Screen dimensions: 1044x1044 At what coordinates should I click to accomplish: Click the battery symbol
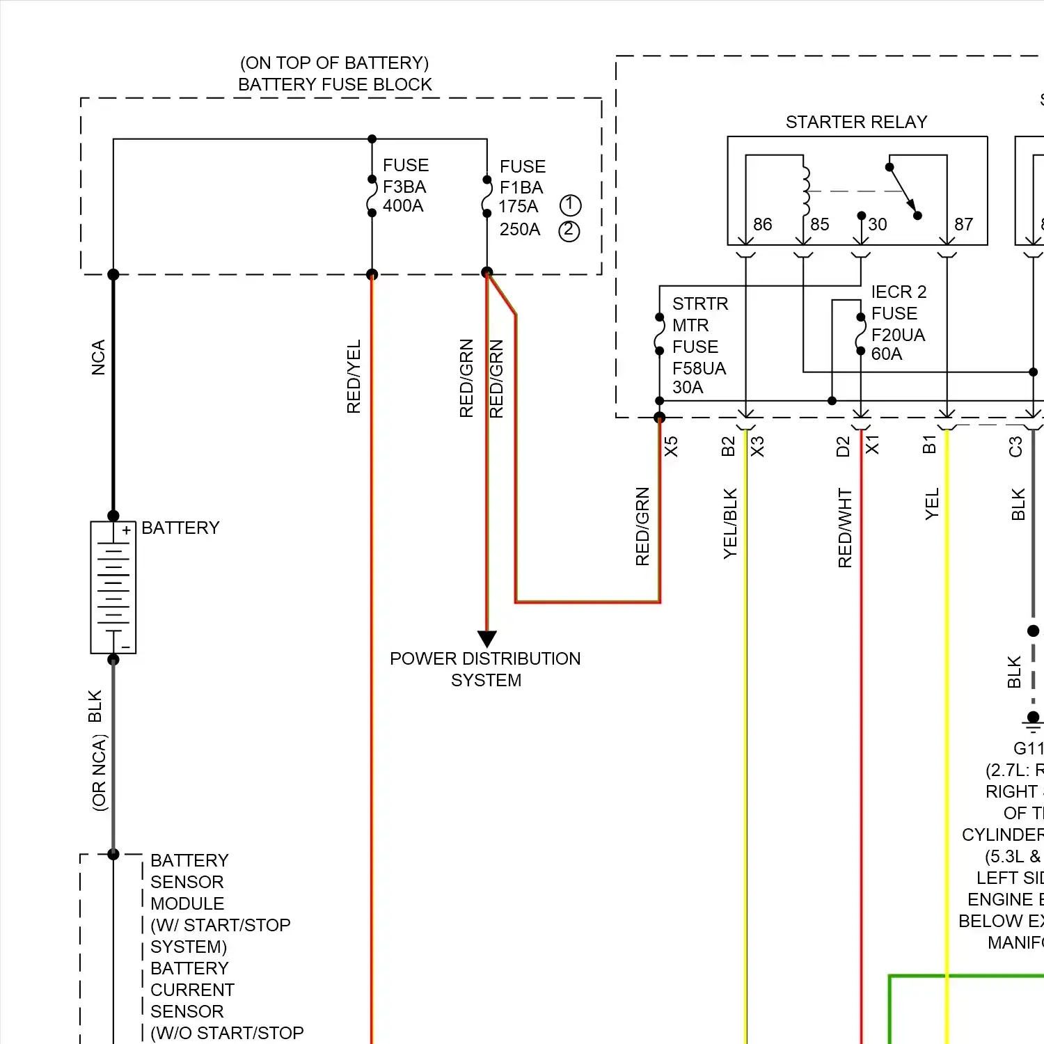113,587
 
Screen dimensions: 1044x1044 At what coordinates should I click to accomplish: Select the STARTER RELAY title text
856,122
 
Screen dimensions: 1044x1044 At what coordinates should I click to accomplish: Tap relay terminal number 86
762,224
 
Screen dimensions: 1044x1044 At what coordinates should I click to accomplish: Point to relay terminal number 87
963,224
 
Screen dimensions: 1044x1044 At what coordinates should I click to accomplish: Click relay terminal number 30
877,224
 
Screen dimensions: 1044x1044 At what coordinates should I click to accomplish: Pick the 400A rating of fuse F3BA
403,206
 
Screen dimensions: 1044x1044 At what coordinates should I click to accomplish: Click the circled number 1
570,205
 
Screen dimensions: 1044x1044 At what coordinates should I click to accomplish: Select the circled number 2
569,230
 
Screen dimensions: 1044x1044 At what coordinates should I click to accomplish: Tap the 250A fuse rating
520,230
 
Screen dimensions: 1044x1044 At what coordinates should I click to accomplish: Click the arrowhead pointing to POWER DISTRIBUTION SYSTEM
487,638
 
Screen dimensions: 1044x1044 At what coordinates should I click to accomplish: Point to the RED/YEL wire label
354,377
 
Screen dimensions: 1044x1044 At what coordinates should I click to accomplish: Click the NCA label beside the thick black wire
99,358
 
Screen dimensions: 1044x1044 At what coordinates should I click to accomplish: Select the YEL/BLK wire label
730,523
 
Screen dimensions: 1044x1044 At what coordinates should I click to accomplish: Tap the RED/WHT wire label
845,528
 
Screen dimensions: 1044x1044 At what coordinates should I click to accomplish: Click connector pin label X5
671,447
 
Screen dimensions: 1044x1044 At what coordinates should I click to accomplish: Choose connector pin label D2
843,447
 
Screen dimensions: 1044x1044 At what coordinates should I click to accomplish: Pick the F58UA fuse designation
699,368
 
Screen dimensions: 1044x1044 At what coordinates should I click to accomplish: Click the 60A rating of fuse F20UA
887,354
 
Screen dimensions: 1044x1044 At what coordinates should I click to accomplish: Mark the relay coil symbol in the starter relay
806,191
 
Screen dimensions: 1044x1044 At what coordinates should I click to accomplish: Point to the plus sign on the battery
126,531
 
